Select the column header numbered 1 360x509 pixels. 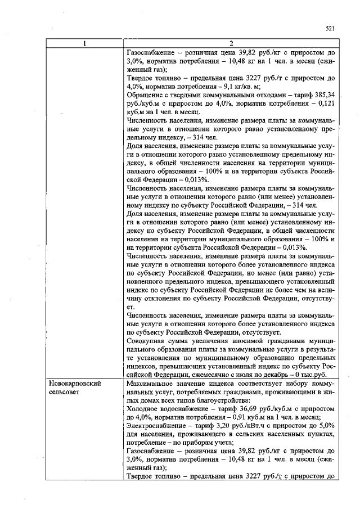pyautogui.click(x=85, y=44)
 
